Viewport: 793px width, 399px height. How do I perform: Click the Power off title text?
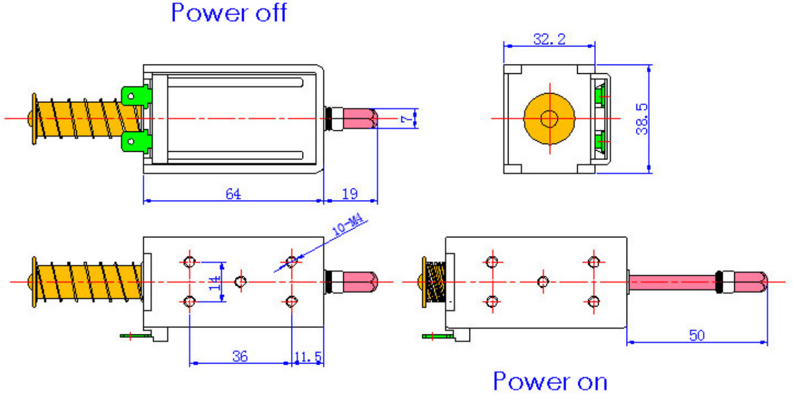point(229,13)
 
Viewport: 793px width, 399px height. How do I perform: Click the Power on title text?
point(550,382)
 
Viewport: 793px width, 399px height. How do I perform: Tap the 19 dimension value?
point(351,193)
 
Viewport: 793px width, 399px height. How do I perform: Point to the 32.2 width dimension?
point(549,39)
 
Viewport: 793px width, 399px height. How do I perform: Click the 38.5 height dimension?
point(642,119)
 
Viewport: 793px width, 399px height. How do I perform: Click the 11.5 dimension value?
point(308,357)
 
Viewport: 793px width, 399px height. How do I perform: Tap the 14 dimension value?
point(215,283)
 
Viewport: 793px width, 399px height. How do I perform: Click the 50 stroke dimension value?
point(697,335)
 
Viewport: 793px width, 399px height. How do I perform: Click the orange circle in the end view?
point(549,119)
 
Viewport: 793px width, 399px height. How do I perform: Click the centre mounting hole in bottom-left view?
point(240,282)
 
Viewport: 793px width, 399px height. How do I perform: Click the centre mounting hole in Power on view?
point(543,282)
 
